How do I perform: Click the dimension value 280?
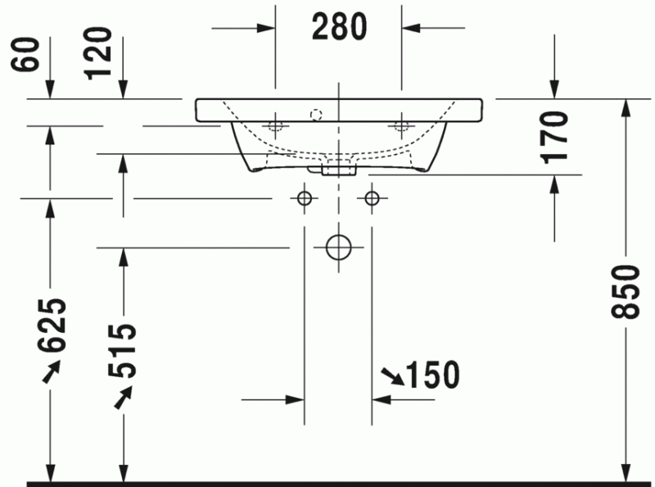338,27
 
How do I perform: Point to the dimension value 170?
555,135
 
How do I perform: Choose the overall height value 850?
626,291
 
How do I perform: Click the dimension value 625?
50,325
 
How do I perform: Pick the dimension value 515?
123,350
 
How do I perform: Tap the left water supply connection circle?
304,198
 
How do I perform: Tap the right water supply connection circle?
372,198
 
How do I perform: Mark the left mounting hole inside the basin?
274,125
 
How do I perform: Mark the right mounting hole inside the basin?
401,125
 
